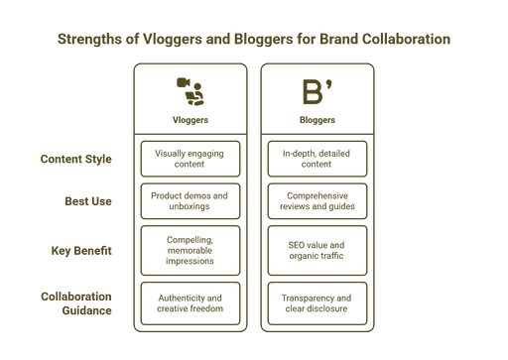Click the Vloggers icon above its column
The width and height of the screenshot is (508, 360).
[x=190, y=90]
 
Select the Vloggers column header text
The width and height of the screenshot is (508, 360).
[x=190, y=120]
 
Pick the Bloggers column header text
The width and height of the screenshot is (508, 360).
[x=317, y=120]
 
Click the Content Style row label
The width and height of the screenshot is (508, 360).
[x=76, y=159]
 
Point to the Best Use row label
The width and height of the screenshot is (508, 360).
[x=87, y=201]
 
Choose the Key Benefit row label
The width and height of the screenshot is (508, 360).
[x=82, y=250]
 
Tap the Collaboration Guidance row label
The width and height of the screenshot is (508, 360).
[x=76, y=302]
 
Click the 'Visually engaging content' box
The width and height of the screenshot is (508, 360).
[x=190, y=159]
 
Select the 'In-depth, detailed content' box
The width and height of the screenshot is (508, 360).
[x=317, y=159]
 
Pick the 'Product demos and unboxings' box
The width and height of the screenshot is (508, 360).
[x=190, y=201]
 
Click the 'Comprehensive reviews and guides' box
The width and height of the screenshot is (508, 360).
[x=317, y=201]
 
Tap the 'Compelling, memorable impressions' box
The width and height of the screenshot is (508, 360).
[x=190, y=250]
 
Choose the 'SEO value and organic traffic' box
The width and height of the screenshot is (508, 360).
[x=317, y=250]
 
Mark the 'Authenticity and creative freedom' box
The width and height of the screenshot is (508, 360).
[x=190, y=302]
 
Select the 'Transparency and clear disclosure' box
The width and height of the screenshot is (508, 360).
[x=317, y=302]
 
